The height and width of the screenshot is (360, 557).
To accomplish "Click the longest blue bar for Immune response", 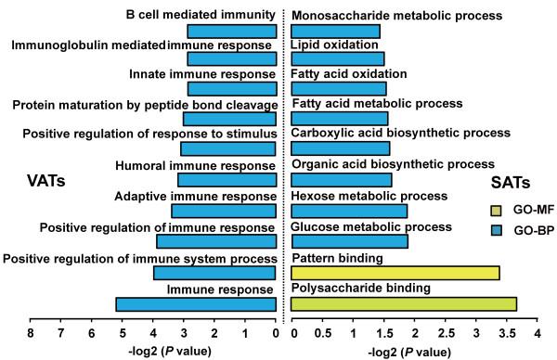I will pyautogui.click(x=196, y=304).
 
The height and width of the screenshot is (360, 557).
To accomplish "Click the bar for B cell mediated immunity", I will pyautogui.click(x=232, y=32).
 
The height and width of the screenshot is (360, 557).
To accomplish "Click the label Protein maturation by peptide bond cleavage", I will pyautogui.click(x=145, y=105).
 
